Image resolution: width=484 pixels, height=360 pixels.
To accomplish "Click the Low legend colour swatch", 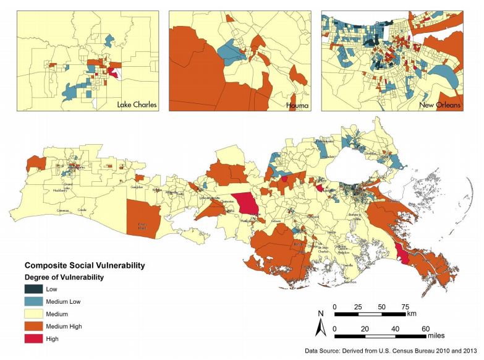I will pos(35,289).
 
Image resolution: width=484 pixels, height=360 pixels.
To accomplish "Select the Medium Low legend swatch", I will pos(35,301).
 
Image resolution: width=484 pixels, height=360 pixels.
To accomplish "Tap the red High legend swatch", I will pos(35,338).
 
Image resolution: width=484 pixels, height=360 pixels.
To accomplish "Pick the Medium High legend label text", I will pos(72,326).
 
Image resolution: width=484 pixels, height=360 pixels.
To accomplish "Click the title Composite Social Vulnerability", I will pos(84,265).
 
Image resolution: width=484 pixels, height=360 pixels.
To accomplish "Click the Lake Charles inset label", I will pos(137,105).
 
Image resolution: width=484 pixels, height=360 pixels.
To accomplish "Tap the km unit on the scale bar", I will pos(412,314).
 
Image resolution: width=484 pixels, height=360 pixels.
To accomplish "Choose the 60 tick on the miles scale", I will pos(425,328).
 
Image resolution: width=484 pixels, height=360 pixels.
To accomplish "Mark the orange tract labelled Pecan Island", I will pos(143,216).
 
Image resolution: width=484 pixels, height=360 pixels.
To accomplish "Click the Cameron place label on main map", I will pos(63,210).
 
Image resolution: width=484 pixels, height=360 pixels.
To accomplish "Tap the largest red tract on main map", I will pos(247,203).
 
